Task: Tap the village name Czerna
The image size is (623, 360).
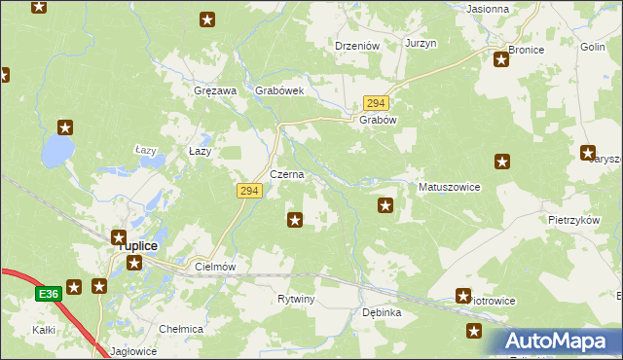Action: coord(287,175)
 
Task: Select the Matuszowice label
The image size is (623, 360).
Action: coord(449,186)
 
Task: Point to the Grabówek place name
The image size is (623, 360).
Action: coord(280,90)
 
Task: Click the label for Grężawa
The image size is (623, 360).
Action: coord(216,90)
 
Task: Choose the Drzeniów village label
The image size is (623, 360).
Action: coord(357,46)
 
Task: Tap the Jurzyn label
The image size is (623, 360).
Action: coord(421,44)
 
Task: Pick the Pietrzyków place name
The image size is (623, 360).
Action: coord(572,221)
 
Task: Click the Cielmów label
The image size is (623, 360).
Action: coord(216,266)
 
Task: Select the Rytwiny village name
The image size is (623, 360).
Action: coord(296,299)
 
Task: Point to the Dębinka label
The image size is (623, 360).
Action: coord(382,313)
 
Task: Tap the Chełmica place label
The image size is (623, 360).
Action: coord(181,329)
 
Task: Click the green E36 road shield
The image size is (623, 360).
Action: coord(49,293)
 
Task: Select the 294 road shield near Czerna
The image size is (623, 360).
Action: coord(248,192)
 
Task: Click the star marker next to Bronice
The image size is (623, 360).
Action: coord(501,60)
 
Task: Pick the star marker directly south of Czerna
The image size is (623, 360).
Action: coord(295,221)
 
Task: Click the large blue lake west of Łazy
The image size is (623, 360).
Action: coord(56,151)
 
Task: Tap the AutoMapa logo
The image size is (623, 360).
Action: coord(561,342)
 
